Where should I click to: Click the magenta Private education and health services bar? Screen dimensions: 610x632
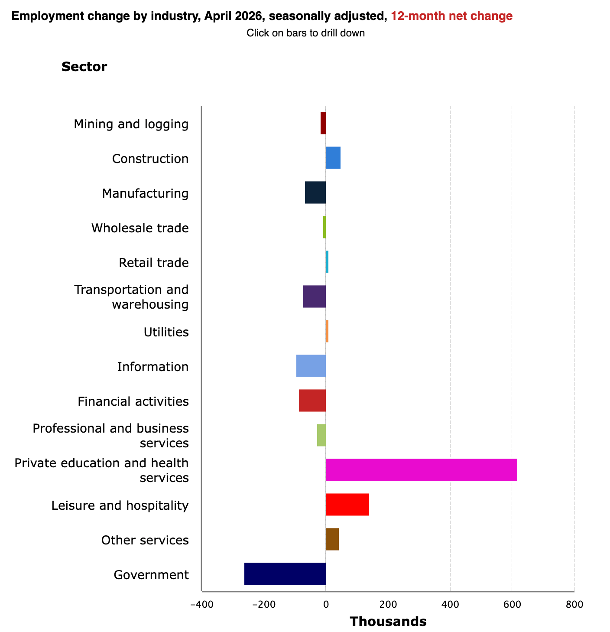click(421, 469)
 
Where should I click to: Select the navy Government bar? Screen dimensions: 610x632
click(284, 573)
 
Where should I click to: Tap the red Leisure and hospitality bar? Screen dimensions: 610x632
click(347, 504)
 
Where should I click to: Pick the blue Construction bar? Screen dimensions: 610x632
click(332, 157)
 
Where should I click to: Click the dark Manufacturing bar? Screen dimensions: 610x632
click(315, 192)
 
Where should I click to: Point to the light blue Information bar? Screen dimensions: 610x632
click(310, 365)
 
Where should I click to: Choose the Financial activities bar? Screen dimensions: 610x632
click(311, 400)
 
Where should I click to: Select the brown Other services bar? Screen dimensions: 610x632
click(332, 539)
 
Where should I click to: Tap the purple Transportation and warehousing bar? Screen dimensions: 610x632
click(314, 296)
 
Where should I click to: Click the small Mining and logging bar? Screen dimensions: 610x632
click(323, 123)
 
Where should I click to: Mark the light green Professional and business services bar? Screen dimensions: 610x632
click(321, 435)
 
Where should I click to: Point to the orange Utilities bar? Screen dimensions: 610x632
click(327, 331)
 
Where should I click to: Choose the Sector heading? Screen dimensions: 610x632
click(84, 67)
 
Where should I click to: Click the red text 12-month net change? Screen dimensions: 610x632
click(451, 16)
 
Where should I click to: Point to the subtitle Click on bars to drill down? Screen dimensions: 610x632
click(305, 33)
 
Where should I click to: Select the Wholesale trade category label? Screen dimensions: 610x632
click(140, 228)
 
